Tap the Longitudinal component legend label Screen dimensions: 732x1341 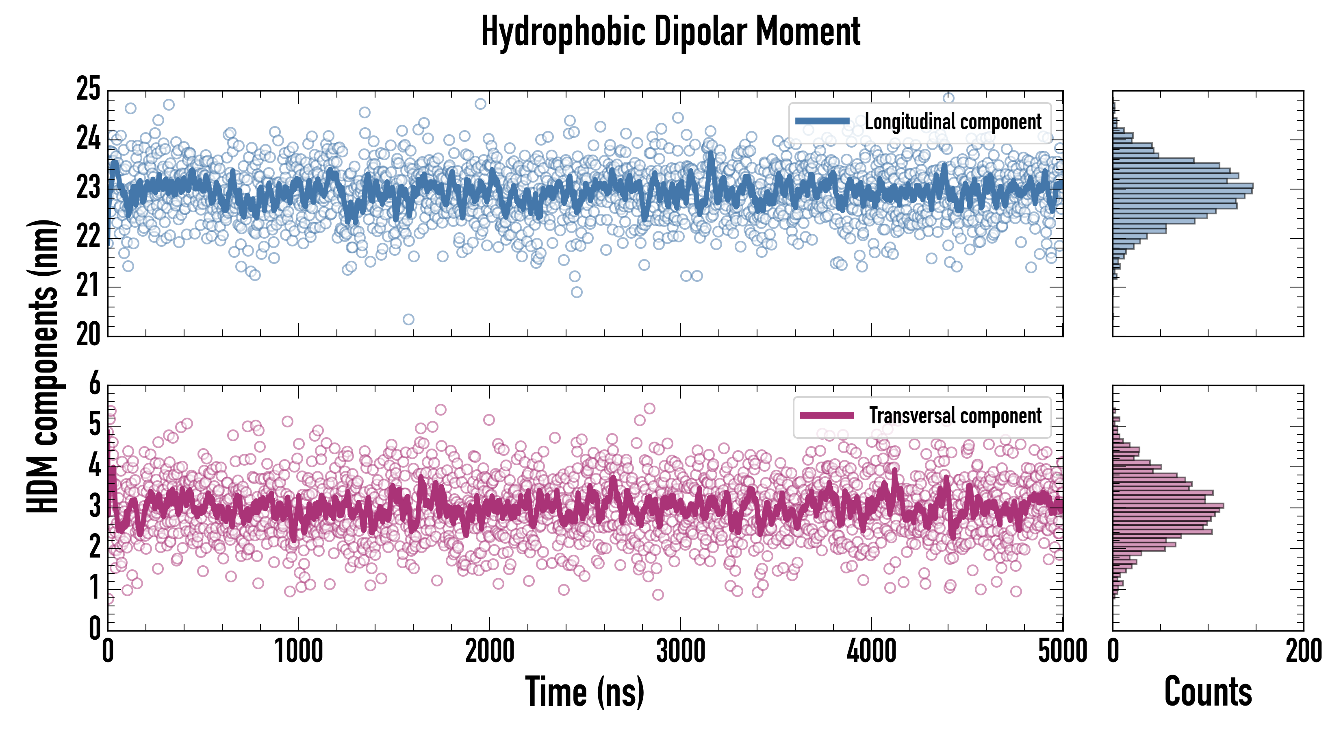click(x=953, y=122)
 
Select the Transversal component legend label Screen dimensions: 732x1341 click(x=955, y=416)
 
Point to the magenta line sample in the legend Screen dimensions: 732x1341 click(x=827, y=415)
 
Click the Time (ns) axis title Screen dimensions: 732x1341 click(x=585, y=692)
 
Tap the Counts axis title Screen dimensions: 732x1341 click(x=1208, y=692)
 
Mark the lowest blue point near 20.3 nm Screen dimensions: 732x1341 click(x=409, y=319)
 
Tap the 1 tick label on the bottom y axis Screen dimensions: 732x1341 click(x=94, y=589)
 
